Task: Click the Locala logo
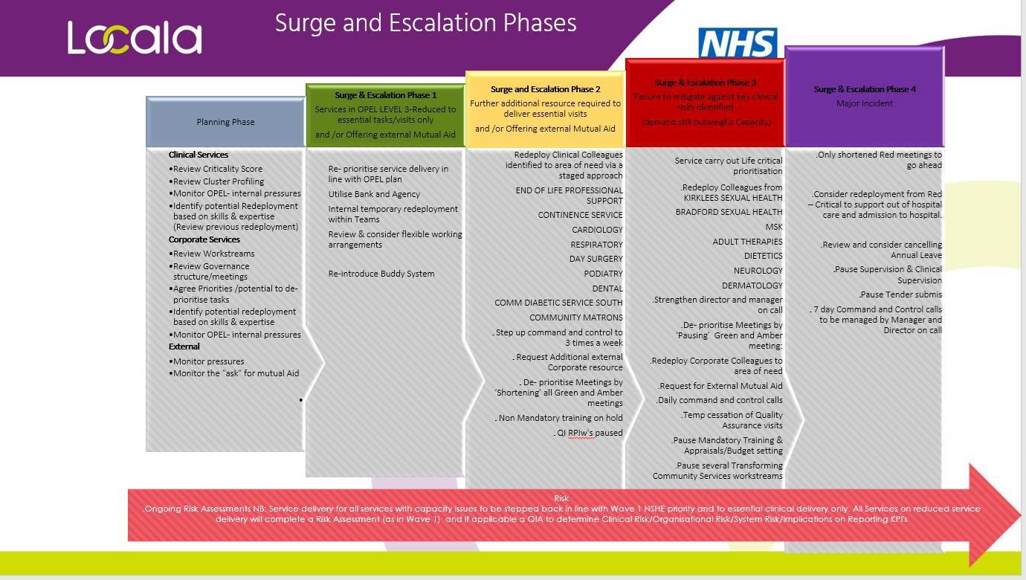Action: tap(135, 38)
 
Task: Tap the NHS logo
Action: tap(738, 43)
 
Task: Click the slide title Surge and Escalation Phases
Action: tap(425, 23)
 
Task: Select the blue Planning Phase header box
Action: tap(225, 122)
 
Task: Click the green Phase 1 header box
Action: tap(385, 115)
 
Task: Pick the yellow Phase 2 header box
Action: tap(545, 109)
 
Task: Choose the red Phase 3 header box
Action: tap(706, 103)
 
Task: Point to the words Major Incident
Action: tap(864, 103)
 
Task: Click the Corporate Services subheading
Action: tap(204, 239)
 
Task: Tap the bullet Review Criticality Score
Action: tap(217, 169)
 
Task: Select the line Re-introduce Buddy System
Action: tap(381, 274)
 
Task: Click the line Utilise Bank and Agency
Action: tap(374, 194)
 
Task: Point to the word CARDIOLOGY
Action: tap(597, 230)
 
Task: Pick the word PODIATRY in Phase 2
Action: tap(603, 274)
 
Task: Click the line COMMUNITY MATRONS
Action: tap(575, 318)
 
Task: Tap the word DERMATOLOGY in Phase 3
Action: tap(752, 286)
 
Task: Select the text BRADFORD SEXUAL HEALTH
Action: tap(729, 212)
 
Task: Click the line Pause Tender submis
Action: tap(900, 294)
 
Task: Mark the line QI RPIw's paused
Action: tap(590, 433)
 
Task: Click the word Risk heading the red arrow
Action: tap(561, 498)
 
